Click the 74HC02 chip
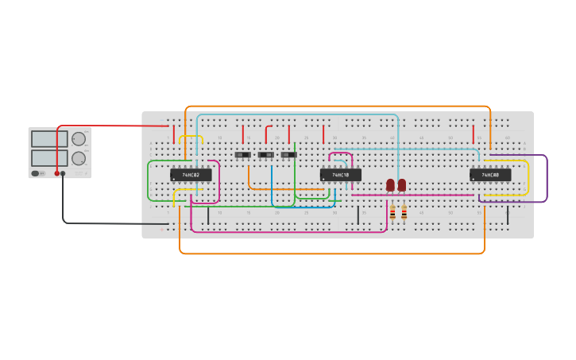pyautogui.click(x=191, y=175)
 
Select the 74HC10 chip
pyautogui.click(x=341, y=175)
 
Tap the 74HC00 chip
pyautogui.click(x=490, y=175)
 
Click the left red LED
pyautogui.click(x=390, y=185)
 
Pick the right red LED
pyautogui.click(x=402, y=185)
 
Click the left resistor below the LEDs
pyautogui.click(x=392, y=212)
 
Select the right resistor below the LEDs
pyautogui.click(x=404, y=212)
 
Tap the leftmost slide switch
pyautogui.click(x=243, y=154)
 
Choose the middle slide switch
pyautogui.click(x=266, y=154)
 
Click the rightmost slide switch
pyautogui.click(x=289, y=154)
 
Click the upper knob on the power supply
pyautogui.click(x=79, y=139)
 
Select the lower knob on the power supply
pyautogui.click(x=79, y=158)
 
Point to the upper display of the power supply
pyautogui.click(x=49, y=139)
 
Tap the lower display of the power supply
pyautogui.click(x=49, y=158)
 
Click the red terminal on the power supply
pyautogui.click(x=56, y=173)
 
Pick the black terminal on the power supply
pyautogui.click(x=63, y=173)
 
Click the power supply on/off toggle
pyautogui.click(x=36, y=173)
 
